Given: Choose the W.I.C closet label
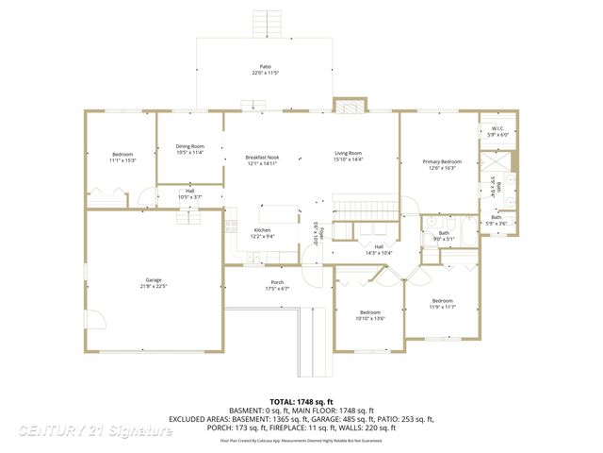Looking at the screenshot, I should coord(497,131).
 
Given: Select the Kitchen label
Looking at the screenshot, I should coord(263,233).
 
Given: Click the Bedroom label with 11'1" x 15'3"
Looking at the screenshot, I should coord(122,157).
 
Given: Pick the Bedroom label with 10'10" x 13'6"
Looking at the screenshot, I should coord(369,315).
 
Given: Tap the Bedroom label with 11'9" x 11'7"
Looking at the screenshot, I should coord(442,304).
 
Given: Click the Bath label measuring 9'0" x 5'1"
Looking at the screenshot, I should coord(443,236).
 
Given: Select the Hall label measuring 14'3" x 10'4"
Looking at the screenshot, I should coord(377,249).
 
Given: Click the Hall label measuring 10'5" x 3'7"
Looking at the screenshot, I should coord(189,193).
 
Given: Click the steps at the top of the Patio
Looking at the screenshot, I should coord(266,24).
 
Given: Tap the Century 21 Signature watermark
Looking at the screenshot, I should coord(94,431).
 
